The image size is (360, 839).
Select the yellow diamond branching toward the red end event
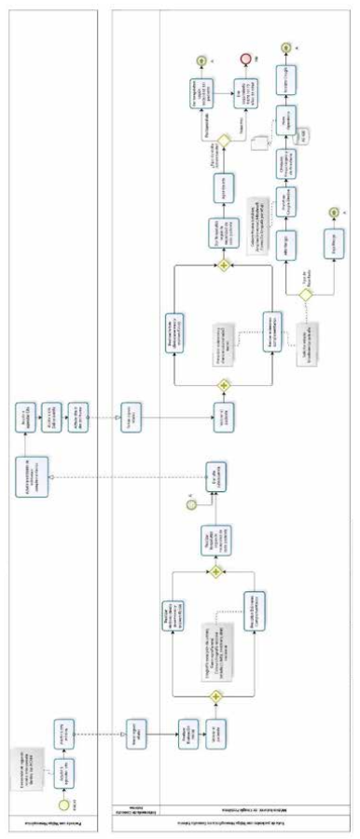(x=225, y=144)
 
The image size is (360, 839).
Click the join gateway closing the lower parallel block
(x=216, y=570)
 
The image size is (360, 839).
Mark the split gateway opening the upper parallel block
(x=224, y=383)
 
